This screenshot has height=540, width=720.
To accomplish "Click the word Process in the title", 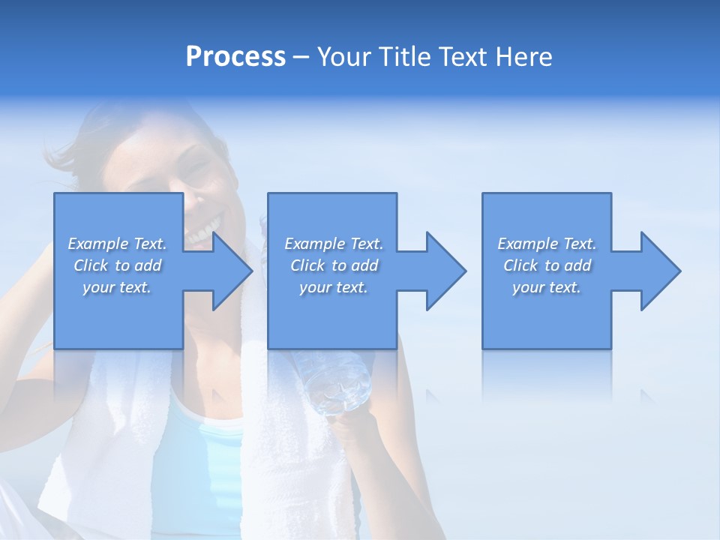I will pos(235,57).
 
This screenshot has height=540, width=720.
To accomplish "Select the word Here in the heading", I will pos(524,57).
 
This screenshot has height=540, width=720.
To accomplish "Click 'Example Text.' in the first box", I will pos(118,244).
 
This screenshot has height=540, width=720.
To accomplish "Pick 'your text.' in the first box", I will pos(118,287).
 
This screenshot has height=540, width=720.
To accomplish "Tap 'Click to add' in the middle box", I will pos(334,265).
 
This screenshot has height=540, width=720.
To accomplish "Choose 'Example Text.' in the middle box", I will pos(334,244).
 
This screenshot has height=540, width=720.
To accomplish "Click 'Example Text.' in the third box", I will pos(547,244).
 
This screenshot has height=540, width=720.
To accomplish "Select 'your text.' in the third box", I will pos(547,287).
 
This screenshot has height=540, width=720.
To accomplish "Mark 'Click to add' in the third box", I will pos(547,265).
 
